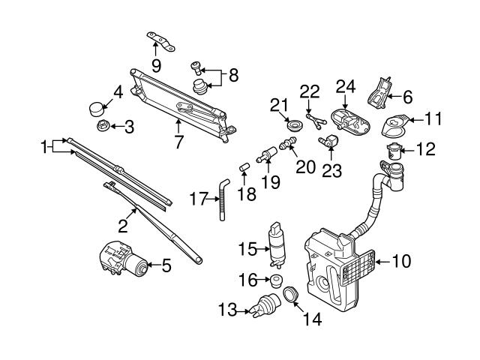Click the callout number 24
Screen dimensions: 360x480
[x=345, y=88]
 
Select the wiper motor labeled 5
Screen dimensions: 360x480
[x=121, y=258]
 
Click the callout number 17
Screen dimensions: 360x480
[x=197, y=199]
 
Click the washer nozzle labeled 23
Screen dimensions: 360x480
[x=330, y=139]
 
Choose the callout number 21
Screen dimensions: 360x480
[x=279, y=103]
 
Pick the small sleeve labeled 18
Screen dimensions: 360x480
[x=244, y=166]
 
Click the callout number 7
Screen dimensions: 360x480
[x=178, y=141]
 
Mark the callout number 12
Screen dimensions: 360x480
[x=425, y=149]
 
